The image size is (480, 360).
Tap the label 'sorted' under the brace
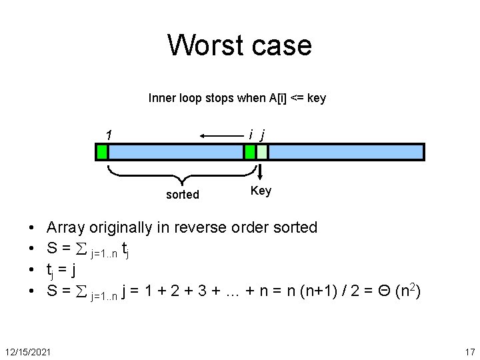click(x=182, y=195)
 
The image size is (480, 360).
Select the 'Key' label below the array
click(x=261, y=191)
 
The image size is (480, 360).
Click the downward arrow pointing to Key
click(x=261, y=172)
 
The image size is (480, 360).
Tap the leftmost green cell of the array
click(x=102, y=152)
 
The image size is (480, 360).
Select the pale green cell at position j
click(x=262, y=152)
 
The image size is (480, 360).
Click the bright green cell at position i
click(x=250, y=152)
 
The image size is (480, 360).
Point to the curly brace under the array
click(x=181, y=177)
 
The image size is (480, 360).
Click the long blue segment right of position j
click(x=345, y=152)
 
